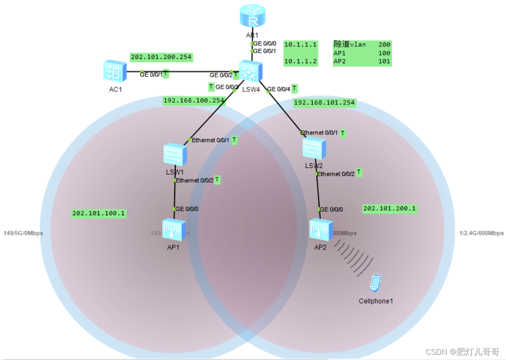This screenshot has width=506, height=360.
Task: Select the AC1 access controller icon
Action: pos(115,71)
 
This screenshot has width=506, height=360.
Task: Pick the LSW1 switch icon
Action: pos(175,155)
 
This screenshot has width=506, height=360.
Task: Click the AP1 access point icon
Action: pos(174,230)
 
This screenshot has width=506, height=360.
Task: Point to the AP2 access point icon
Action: pos(321,230)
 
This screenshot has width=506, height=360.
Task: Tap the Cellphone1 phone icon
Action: pos(375,284)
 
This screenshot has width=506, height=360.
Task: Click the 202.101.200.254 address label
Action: pos(161,57)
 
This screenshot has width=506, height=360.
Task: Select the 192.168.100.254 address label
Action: pos(194,101)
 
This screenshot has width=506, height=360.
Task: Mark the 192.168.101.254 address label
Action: pos(324,103)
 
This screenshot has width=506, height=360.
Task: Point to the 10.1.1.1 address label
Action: pos(301,44)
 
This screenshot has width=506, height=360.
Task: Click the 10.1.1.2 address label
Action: pos(301,61)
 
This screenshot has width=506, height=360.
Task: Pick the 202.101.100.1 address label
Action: pos(99,213)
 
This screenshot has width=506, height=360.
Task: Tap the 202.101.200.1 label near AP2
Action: pos(390,209)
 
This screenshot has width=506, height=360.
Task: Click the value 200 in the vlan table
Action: pos(384,44)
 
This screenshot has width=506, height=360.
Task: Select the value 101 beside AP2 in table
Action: pos(384,61)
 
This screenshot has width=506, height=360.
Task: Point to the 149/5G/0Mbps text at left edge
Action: pos(23,233)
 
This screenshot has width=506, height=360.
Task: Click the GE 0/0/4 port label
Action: pos(279,90)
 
